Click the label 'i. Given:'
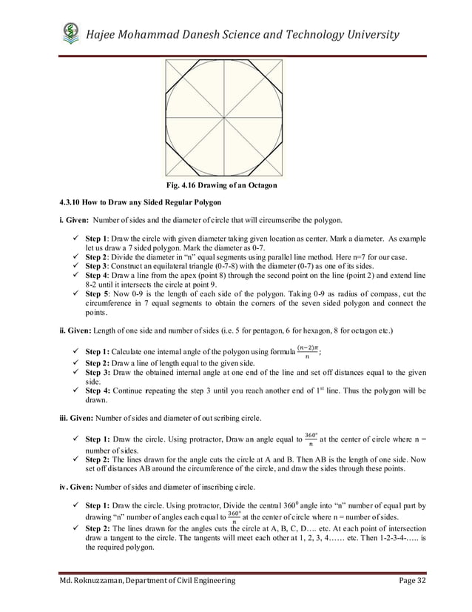74,220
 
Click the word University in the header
365,35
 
